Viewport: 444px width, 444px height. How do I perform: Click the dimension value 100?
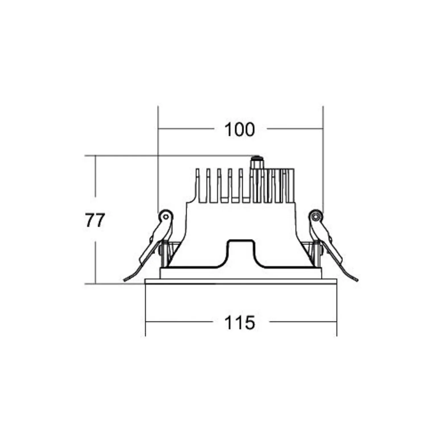[x=239, y=130]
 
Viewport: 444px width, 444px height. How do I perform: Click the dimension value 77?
[x=95, y=220]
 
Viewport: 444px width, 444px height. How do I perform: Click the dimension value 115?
[x=240, y=323]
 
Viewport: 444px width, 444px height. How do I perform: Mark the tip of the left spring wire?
[x=124, y=280]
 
